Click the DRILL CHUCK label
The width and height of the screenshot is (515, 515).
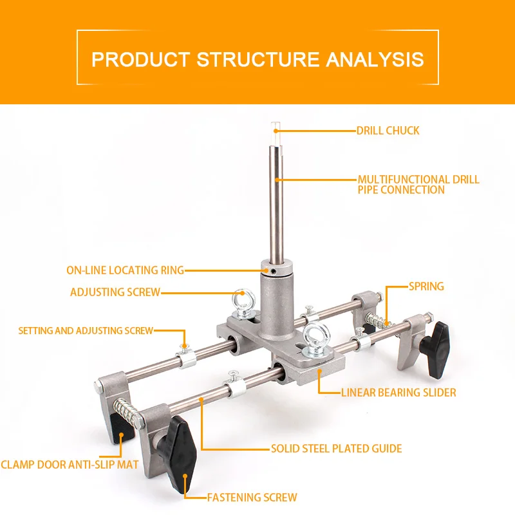pyautogui.click(x=388, y=131)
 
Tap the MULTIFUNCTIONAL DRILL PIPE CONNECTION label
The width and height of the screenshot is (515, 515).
pyautogui.click(x=418, y=185)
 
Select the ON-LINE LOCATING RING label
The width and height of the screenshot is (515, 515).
pyautogui.click(x=125, y=270)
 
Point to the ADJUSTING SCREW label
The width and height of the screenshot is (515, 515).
pyautogui.click(x=115, y=292)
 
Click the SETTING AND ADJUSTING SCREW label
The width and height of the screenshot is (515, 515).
pyautogui.click(x=86, y=331)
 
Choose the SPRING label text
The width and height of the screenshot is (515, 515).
pyautogui.click(x=426, y=286)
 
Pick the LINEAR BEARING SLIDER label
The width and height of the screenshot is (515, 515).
pyautogui.click(x=398, y=392)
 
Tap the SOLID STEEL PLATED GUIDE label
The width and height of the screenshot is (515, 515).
pyautogui.click(x=336, y=449)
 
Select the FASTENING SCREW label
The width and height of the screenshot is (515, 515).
pyautogui.click(x=252, y=497)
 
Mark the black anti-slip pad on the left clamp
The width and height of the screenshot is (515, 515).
pyautogui.click(x=117, y=428)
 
